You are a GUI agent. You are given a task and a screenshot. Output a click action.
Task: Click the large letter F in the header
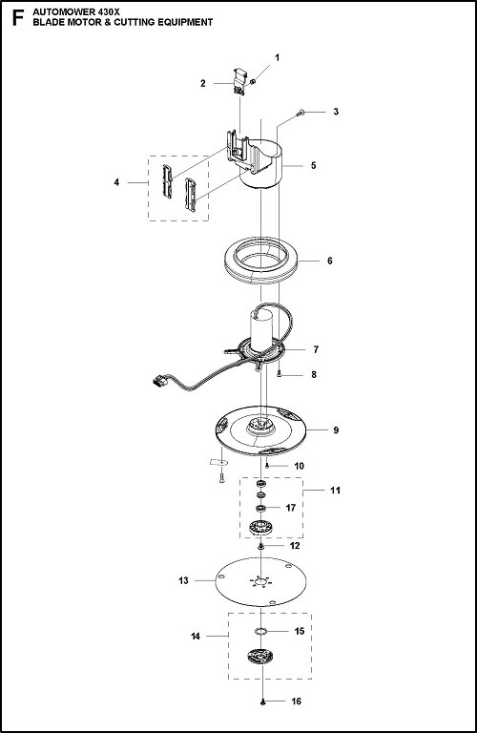pos(17,18)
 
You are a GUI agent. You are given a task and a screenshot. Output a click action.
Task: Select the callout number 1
pos(277,57)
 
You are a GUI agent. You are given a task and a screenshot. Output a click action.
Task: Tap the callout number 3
pos(336,112)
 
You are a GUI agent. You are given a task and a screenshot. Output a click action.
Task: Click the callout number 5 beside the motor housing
pos(314,165)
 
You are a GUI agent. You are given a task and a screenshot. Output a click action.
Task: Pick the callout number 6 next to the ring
pos(330,261)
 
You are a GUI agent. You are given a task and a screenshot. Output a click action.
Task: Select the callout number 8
pos(314,374)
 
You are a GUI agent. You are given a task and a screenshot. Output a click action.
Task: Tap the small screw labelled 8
pos(279,373)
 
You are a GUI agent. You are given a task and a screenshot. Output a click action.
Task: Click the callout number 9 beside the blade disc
pos(336,430)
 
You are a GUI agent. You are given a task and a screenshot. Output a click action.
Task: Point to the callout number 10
pos(299,466)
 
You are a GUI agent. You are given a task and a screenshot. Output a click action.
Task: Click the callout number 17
pos(291,508)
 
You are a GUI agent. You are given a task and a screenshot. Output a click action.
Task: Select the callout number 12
pos(295,546)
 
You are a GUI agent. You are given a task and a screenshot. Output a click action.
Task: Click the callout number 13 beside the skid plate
pos(183,580)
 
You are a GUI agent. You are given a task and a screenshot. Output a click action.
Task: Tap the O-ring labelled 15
pos(261,632)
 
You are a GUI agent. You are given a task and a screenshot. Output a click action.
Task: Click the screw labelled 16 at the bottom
pos(263,702)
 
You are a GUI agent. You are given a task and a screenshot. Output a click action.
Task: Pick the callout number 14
pos(196,636)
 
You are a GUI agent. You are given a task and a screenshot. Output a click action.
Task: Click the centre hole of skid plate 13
pos(262,582)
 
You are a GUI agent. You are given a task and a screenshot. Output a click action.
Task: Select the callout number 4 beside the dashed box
pos(116,182)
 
